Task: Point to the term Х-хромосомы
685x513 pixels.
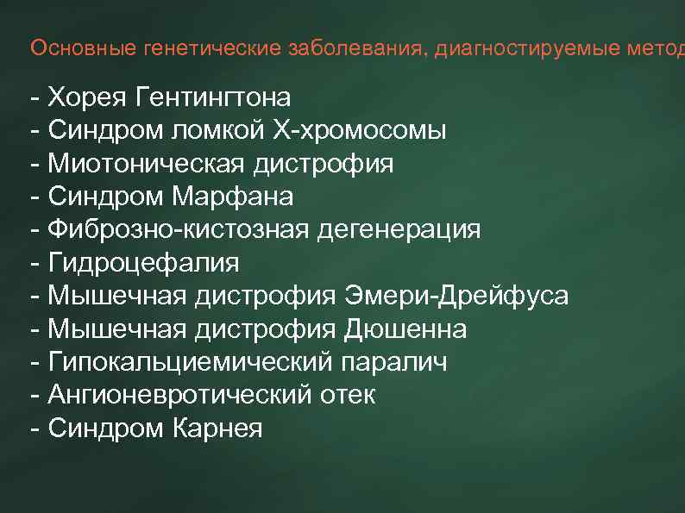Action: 360,131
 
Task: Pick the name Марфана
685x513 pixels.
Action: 233,197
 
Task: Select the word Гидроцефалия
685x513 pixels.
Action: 143,263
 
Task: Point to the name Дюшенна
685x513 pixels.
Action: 405,329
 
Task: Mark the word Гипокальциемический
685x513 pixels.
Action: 190,362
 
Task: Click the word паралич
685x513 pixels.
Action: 395,362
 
